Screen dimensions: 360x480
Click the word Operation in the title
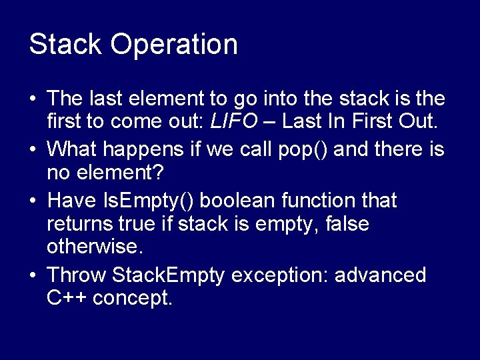174,45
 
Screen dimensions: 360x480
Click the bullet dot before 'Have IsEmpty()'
33,200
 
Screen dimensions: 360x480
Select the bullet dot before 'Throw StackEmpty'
33,275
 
